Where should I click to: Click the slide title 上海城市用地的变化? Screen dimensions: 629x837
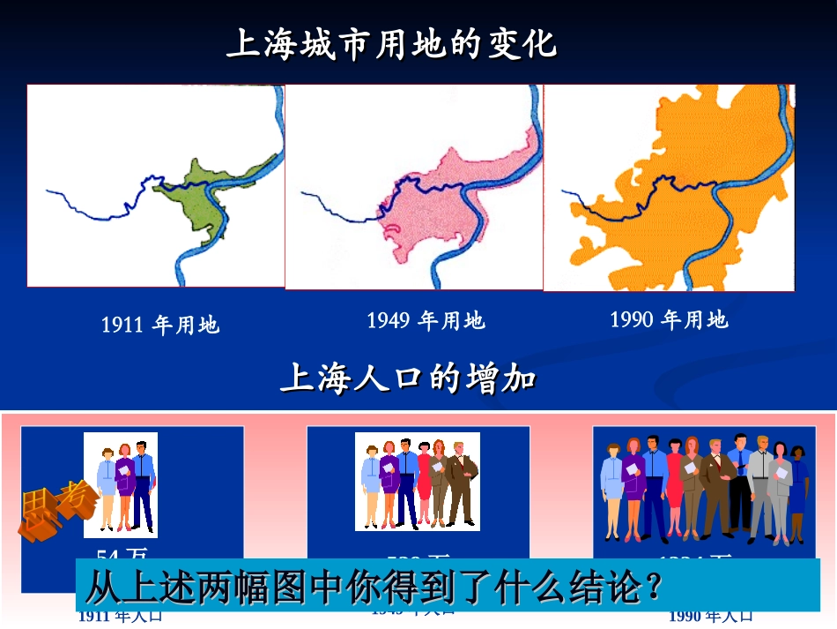pyautogui.click(x=392, y=43)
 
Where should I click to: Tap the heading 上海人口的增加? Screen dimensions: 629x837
pyautogui.click(x=408, y=378)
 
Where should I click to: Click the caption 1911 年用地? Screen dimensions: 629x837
pyautogui.click(x=159, y=326)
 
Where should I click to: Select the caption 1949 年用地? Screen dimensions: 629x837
pyautogui.click(x=426, y=320)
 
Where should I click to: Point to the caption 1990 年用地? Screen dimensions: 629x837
pyautogui.click(x=669, y=319)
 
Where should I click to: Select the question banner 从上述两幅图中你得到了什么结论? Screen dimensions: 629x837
pyautogui.click(x=374, y=587)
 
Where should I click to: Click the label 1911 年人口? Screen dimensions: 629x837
pyautogui.click(x=120, y=617)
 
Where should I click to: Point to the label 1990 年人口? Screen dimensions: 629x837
pyautogui.click(x=710, y=616)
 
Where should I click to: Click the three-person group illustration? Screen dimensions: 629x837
pyautogui.click(x=121, y=485)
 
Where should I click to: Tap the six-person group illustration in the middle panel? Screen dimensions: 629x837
pyautogui.click(x=418, y=482)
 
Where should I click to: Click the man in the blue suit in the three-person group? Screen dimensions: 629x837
pyautogui.click(x=144, y=485)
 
